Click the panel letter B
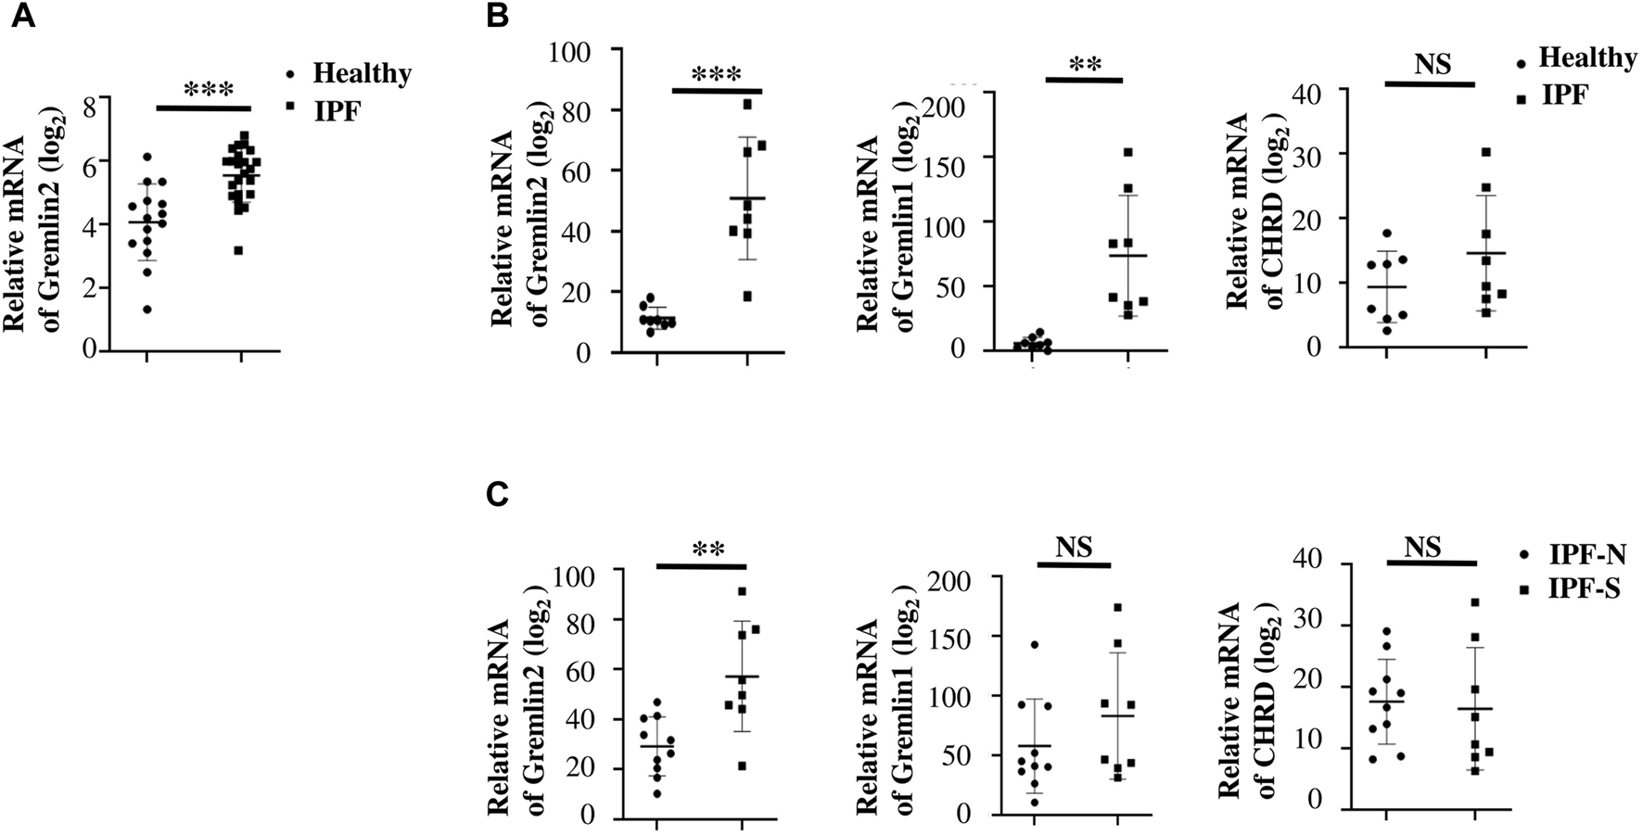tap(498, 17)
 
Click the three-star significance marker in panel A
tap(209, 91)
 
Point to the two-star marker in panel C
tap(708, 549)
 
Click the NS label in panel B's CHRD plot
tap(1433, 65)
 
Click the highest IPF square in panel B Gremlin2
tap(747, 104)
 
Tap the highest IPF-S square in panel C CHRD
tap(1475, 602)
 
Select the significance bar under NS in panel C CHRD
tap(1431, 562)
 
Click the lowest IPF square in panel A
tap(239, 250)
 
